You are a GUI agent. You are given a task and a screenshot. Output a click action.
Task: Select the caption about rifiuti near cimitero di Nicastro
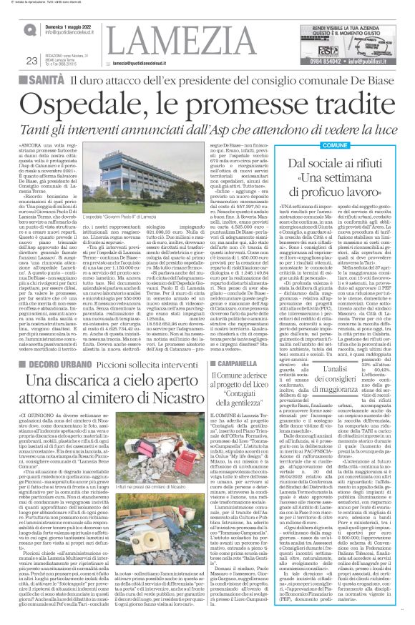pyautogui.click(x=146, y=507)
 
